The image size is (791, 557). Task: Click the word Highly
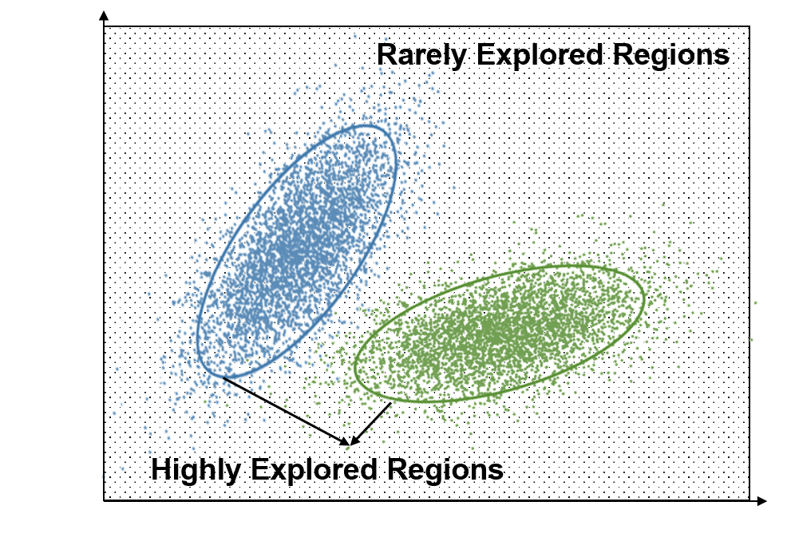[196, 470]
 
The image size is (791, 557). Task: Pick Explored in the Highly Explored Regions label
[314, 470]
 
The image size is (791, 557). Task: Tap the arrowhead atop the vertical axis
[104, 15]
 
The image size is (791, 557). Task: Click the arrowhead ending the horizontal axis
[761, 501]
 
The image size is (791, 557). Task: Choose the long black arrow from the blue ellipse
[286, 411]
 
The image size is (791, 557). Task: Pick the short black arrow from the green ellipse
[370, 424]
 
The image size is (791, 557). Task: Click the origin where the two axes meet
[104, 501]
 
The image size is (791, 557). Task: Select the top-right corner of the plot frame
[749, 27]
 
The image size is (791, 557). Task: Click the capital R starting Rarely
[387, 54]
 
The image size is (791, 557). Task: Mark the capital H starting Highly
[161, 468]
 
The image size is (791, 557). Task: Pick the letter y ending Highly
[234, 473]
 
